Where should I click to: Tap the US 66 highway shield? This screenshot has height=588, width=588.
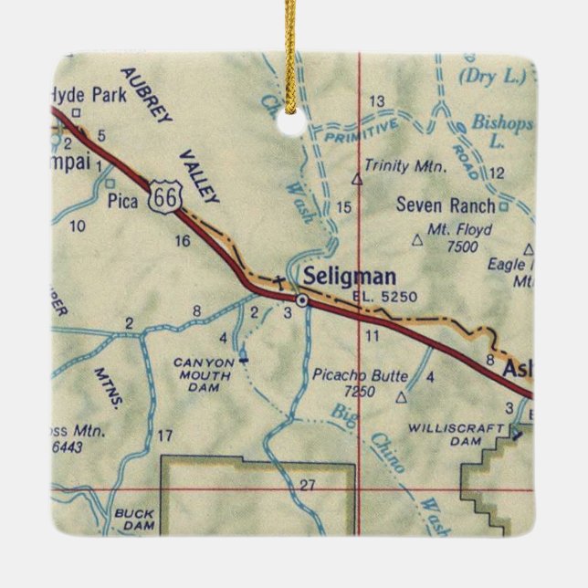167,194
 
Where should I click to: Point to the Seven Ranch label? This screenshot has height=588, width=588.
446,205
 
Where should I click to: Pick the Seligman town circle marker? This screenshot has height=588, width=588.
301,299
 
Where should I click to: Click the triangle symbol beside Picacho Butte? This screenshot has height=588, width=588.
401,398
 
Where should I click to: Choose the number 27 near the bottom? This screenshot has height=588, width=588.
306,483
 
